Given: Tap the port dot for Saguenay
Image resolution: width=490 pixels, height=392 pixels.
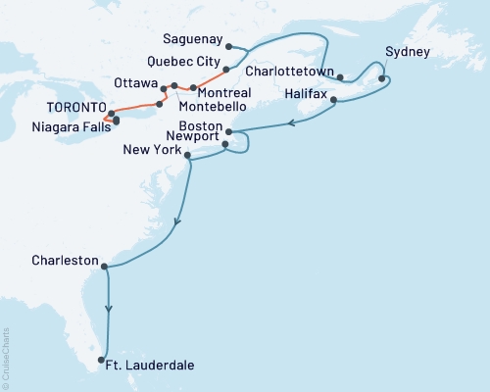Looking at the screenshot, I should (227, 46).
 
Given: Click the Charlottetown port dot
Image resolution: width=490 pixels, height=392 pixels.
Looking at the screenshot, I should (339, 76).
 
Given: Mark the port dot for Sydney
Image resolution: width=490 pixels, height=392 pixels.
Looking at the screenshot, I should (382, 78).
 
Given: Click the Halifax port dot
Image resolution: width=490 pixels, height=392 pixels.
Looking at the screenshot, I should (334, 100).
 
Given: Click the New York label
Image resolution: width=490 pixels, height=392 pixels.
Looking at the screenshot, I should (152, 151).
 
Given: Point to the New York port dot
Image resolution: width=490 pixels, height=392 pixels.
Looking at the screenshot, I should (187, 155).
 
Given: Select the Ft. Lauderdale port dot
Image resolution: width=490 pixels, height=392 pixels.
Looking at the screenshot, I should (101, 361).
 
